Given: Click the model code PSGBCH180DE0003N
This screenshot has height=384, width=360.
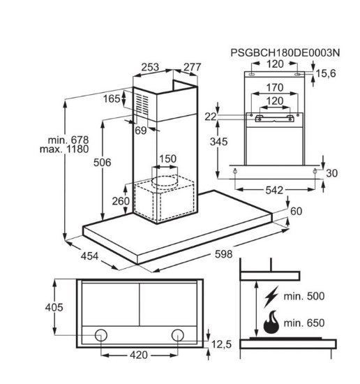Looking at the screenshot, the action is coord(285,52).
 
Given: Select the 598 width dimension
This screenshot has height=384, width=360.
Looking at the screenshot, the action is coord(223,254).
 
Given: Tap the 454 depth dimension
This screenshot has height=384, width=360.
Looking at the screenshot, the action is coord(89,256).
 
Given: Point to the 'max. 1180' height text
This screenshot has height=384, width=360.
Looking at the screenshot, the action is coord(64,149).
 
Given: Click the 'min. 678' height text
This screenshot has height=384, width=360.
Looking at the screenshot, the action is coord(68,140).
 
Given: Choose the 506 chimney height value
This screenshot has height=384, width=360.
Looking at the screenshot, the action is coord(103,163).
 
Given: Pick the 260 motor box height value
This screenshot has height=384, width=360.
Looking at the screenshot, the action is coord(121,201).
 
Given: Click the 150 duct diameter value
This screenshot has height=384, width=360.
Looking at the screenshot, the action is coord(168,158).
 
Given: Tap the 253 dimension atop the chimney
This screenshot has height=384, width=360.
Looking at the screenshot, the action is coord(150,67).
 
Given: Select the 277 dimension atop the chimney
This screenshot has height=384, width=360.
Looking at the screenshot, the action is coord(193,67).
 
